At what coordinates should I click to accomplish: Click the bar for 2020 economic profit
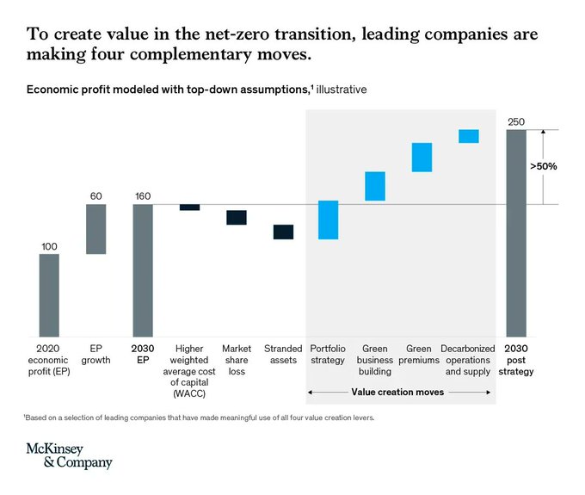point(49,294)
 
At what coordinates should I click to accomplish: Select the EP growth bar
point(95,229)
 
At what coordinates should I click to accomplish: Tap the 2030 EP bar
point(142,269)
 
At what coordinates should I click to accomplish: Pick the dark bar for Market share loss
point(237,218)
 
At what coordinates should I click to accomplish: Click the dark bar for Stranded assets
point(283,232)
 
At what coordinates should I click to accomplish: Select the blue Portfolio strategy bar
point(328,220)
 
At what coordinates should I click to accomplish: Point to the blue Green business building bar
point(375,186)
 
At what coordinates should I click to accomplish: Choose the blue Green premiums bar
point(422,158)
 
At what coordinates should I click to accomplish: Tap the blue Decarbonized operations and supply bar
point(468,136)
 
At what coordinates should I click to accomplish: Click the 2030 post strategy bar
point(516,232)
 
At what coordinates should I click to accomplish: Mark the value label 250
point(516,121)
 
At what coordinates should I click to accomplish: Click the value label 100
point(49,246)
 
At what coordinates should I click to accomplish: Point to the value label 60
point(95,196)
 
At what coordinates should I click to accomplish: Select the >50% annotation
point(542,166)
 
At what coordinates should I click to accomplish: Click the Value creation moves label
point(398,391)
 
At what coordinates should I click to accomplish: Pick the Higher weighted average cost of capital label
point(189,366)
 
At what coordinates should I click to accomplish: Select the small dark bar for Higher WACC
point(189,207)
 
